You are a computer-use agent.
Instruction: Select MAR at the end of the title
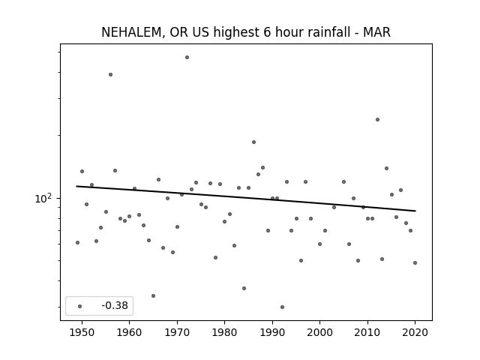(x=376, y=32)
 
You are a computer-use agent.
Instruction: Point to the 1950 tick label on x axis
(x=82, y=332)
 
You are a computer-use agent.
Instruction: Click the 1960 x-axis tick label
(x=129, y=332)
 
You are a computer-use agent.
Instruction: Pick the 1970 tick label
(x=177, y=332)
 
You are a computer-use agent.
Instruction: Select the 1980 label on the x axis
(x=224, y=332)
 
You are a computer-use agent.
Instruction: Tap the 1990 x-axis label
(x=272, y=332)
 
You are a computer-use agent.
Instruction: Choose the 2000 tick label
(x=320, y=332)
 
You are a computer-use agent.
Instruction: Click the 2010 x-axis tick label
(x=367, y=332)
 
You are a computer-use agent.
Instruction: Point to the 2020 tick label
(x=415, y=332)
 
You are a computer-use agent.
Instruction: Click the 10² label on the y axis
(x=43, y=198)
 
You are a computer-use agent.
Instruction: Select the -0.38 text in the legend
(x=115, y=305)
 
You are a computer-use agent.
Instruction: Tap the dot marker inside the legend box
(x=79, y=306)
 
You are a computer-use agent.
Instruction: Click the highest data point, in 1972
(x=187, y=57)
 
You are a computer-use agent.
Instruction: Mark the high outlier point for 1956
(x=110, y=75)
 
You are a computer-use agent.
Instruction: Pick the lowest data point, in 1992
(x=282, y=307)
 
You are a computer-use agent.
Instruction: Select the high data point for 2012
(x=377, y=120)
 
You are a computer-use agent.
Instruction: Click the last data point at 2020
(x=415, y=263)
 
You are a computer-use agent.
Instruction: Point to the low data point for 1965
(x=153, y=296)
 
